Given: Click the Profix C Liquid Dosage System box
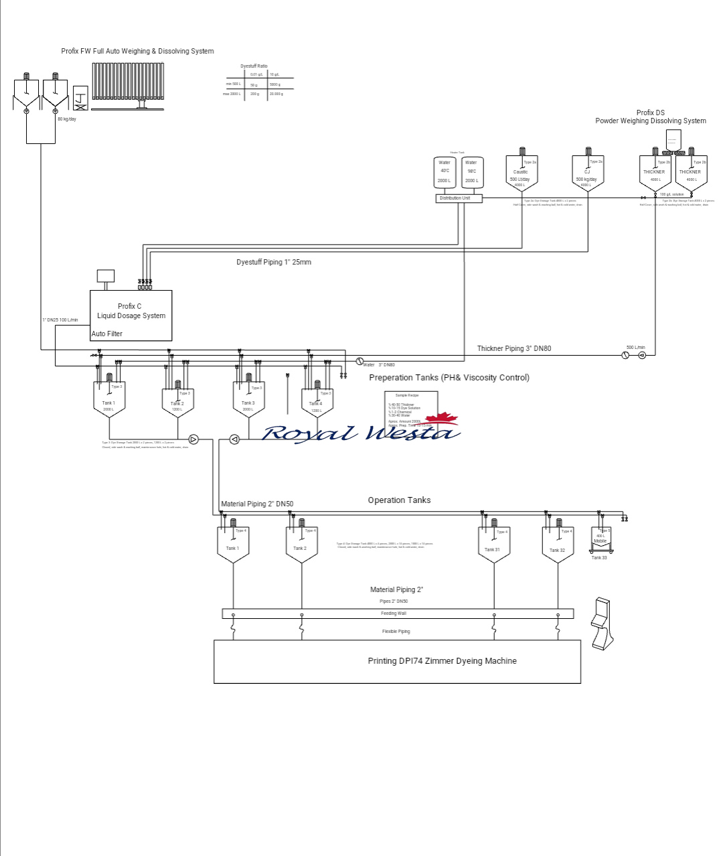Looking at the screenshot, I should [x=131, y=315].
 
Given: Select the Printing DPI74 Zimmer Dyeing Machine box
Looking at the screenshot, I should [x=397, y=661].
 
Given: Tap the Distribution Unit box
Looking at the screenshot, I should [x=459, y=198].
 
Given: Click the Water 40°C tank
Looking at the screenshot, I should [x=445, y=172].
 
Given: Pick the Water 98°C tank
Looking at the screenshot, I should [x=472, y=172].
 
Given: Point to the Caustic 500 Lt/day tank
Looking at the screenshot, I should [x=521, y=174].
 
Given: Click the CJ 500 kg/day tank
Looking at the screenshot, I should [x=588, y=174].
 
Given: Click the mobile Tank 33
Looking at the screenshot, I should [x=600, y=540].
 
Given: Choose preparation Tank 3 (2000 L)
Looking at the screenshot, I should [x=248, y=402].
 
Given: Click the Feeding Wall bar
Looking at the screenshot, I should [x=398, y=614].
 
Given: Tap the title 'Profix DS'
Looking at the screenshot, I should [x=650, y=113].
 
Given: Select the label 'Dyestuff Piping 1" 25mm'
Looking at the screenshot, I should [x=274, y=262].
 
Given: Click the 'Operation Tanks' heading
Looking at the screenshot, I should [x=399, y=500].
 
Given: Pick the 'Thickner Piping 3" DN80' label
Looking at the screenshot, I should [x=513, y=348].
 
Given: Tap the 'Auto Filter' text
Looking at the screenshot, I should [x=107, y=334].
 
